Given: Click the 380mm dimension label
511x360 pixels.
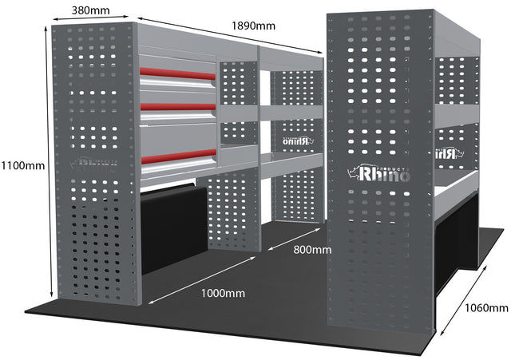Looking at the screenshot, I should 91,10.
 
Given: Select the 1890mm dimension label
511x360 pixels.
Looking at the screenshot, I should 253,25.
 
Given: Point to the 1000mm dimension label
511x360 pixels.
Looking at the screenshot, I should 224,293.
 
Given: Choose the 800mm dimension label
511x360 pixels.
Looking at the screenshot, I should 311,251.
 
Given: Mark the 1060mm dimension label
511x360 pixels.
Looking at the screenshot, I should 486,307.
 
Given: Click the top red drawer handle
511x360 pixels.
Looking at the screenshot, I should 179,74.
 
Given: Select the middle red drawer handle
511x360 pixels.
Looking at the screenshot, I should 179,106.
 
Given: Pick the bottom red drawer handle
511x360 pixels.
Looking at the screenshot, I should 179,156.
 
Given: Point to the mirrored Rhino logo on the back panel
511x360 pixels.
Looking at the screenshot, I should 295,140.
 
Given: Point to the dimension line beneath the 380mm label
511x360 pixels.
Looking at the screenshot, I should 91,20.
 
